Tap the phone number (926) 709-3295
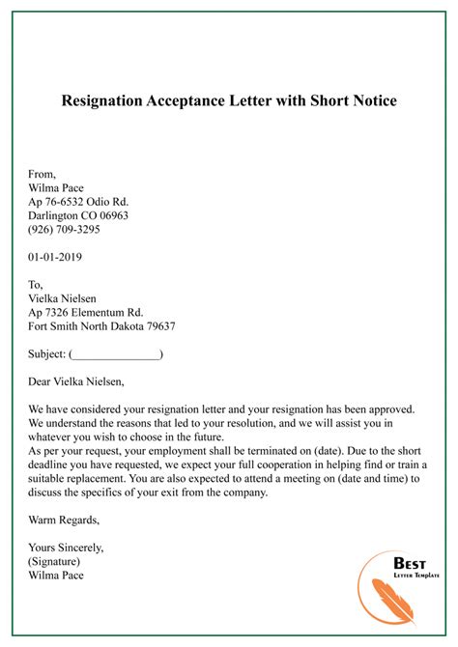pyautogui.click(x=65, y=231)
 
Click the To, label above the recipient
pyautogui.click(x=37, y=285)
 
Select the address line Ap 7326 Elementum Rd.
pyautogui.click(x=86, y=313)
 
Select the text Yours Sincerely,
pyautogui.click(x=67, y=548)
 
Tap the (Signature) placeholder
pyautogui.click(x=55, y=561)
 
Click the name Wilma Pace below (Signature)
pyautogui.click(x=56, y=576)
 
